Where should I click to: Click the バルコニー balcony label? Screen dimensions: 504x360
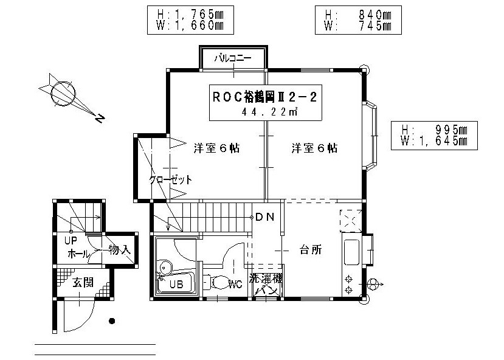[x=233, y=60]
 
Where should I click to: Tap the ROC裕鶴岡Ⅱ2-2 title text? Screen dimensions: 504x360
[x=264, y=96]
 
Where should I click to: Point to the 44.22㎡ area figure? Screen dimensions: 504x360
[x=269, y=112]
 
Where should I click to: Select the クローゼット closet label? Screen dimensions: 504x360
[x=171, y=180]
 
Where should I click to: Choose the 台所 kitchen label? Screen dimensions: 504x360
[x=311, y=250]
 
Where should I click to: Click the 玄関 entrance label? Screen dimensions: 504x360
[x=82, y=283]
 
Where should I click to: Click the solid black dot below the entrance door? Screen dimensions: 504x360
[x=111, y=321]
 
